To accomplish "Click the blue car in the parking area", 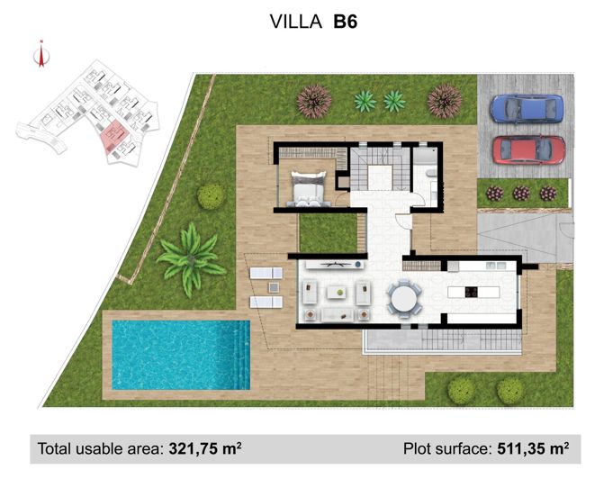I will click(x=527, y=109).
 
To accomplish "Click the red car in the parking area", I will click(x=528, y=149).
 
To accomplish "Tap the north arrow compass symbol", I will click(x=39, y=55).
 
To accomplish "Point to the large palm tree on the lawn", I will click(x=191, y=256).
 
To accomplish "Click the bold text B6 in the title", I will click(x=346, y=23).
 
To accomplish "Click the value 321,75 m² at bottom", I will click(x=203, y=447).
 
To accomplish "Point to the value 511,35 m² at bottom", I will click(x=532, y=447).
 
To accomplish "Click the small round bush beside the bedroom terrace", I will click(x=211, y=195).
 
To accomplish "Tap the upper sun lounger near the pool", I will click(x=266, y=274).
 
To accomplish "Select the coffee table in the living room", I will click(x=338, y=292).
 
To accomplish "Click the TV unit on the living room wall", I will click(x=333, y=264).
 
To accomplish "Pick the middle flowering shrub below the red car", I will click(x=521, y=193).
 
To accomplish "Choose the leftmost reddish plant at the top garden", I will click(x=313, y=100).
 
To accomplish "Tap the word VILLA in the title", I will click(x=297, y=23).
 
